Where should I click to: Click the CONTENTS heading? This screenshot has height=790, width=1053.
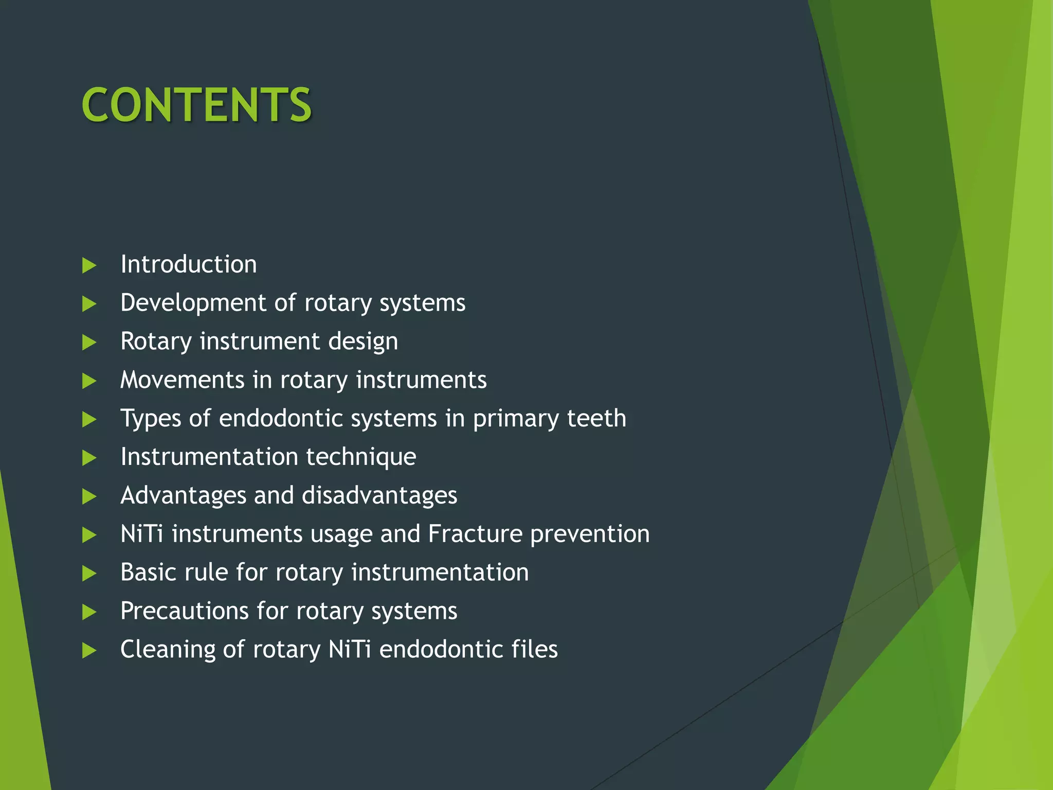tap(196, 105)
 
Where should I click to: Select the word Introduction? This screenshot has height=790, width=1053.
tap(188, 264)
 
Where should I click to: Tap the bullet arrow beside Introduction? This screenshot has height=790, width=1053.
tap(89, 265)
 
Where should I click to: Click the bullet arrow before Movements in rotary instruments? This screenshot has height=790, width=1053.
tap(89, 381)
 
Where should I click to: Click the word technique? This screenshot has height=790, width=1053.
tap(361, 457)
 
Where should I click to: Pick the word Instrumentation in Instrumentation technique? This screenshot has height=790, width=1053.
tap(209, 457)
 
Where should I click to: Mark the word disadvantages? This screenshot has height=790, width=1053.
tap(379, 495)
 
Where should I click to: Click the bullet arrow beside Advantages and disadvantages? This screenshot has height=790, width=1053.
tap(89, 496)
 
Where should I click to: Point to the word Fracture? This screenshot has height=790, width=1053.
tap(475, 534)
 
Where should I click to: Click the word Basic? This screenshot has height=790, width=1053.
tap(148, 572)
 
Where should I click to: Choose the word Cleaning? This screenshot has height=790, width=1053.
tap(167, 650)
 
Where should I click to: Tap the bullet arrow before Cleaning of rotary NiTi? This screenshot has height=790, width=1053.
tap(89, 651)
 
